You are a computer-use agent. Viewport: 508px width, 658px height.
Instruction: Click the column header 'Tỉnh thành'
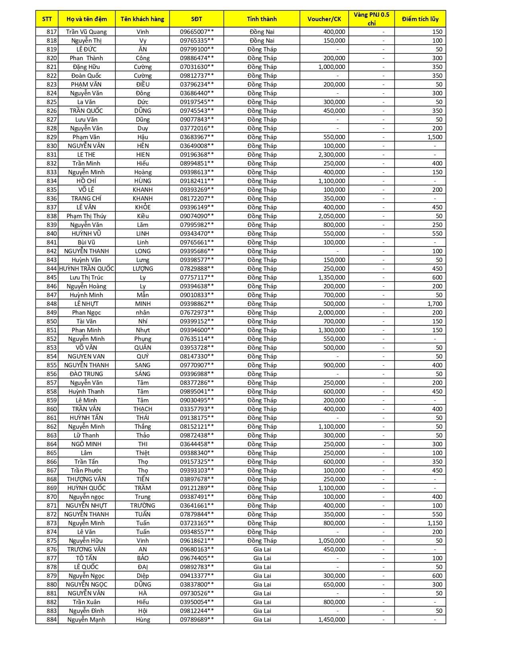pyautogui.click(x=262, y=19)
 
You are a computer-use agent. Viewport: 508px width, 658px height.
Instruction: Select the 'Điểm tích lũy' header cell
pyautogui.click(x=420, y=19)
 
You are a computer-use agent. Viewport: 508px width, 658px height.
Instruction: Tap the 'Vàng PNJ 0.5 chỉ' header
pyautogui.click(x=371, y=19)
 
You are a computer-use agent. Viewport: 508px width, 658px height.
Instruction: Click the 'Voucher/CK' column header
pyautogui.click(x=324, y=19)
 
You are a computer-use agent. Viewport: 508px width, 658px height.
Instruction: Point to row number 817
pyautogui.click(x=51, y=32)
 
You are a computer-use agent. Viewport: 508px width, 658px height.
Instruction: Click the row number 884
pyautogui.click(x=51, y=620)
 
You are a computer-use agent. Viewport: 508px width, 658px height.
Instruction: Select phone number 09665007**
pyautogui.click(x=197, y=32)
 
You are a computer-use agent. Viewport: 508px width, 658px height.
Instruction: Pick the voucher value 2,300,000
pyautogui.click(x=331, y=155)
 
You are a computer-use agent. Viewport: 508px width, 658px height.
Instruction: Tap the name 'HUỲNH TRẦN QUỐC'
pyautogui.click(x=86, y=269)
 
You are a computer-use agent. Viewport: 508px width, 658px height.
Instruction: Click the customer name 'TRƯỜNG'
pyautogui.click(x=143, y=506)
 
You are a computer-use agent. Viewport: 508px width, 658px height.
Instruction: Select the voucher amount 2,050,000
pyautogui.click(x=331, y=216)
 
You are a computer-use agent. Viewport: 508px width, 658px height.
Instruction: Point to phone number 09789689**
pyautogui.click(x=197, y=620)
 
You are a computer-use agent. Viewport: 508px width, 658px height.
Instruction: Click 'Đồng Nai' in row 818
pyautogui.click(x=262, y=41)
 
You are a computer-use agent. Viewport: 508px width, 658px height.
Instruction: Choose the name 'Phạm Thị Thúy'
pyautogui.click(x=86, y=216)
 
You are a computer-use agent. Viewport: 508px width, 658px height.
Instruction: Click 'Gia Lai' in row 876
pyautogui.click(x=262, y=550)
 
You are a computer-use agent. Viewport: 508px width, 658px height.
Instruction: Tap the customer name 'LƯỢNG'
pyautogui.click(x=143, y=269)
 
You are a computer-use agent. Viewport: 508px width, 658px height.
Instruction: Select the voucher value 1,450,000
pyautogui.click(x=331, y=620)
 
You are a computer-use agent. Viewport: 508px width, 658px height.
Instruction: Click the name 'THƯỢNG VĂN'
pyautogui.click(x=86, y=479)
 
